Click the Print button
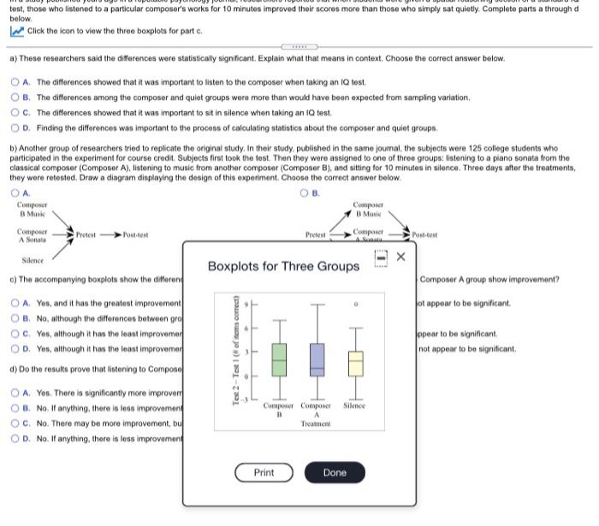pos(264,472)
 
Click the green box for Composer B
pos(279,359)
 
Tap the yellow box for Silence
pos(355,364)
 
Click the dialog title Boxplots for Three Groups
pos(283,266)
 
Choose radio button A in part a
pos(15,82)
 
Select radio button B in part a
pos(15,98)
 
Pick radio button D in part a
pos(15,128)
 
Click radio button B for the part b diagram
pos(305,192)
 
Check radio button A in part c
pos(15,304)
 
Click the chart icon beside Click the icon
pos(15,31)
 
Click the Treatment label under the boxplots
pos(316,423)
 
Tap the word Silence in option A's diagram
pos(33,260)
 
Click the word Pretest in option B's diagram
pos(318,234)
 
